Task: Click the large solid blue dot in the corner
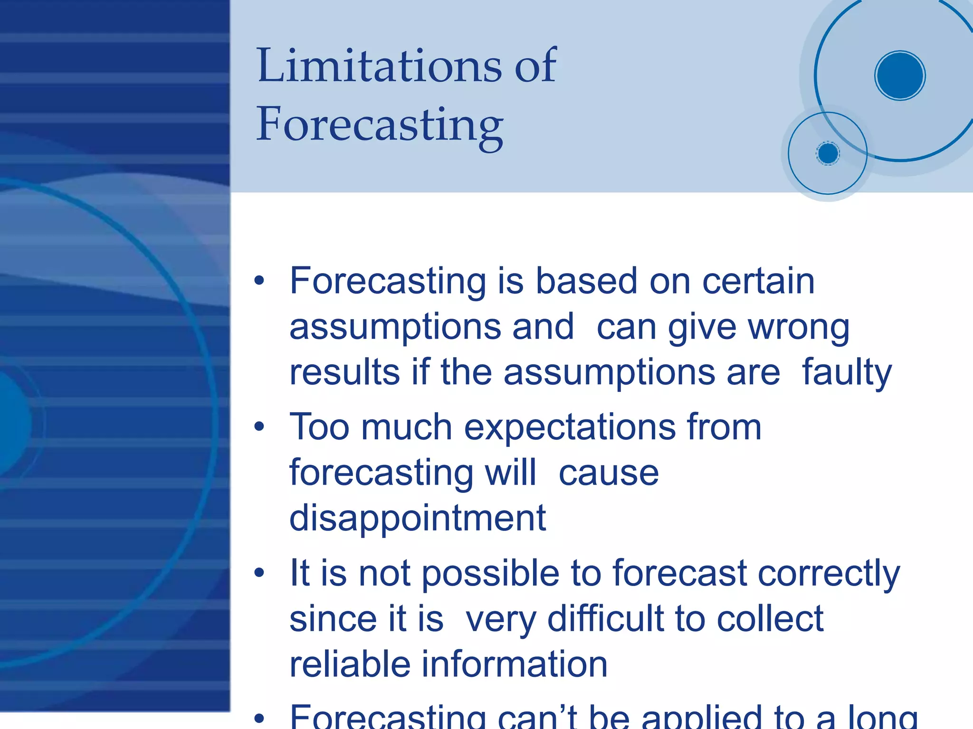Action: click(x=899, y=76)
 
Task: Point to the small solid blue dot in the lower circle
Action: click(x=828, y=153)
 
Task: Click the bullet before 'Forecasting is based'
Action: click(x=259, y=281)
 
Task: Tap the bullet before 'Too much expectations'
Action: click(x=259, y=426)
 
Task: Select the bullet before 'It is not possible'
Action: click(x=259, y=573)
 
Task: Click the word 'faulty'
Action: click(x=847, y=372)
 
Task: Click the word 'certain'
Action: click(x=758, y=281)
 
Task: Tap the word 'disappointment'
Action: click(x=418, y=518)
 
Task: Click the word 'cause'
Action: click(x=609, y=473)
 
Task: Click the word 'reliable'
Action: click(x=350, y=664)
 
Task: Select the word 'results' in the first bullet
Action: click(x=344, y=372)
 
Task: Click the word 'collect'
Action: click(x=770, y=618)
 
